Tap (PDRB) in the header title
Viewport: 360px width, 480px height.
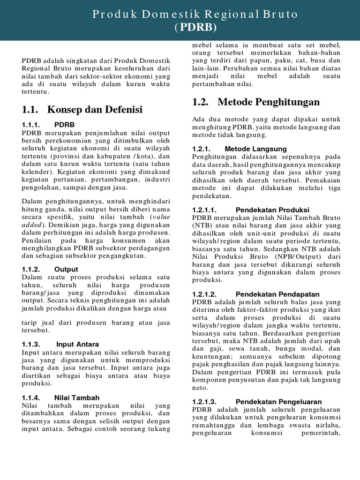pyautogui.click(x=195, y=28)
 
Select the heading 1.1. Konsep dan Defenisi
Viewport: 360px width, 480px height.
pyautogui.click(x=82, y=110)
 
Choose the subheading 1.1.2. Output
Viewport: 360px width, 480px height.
pyautogui.click(x=50, y=269)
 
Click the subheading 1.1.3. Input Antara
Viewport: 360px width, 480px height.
pyautogui.click(x=60, y=344)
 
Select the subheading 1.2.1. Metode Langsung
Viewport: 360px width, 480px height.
pyautogui.click(x=239, y=149)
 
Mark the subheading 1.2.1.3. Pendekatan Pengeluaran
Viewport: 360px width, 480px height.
pyautogui.click(x=257, y=402)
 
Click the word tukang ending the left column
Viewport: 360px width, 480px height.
pyautogui.click(x=158, y=428)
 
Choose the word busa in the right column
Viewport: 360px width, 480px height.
pyautogui.click(x=316, y=60)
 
